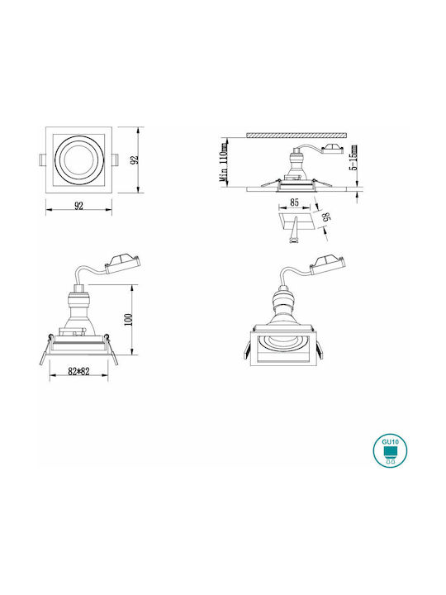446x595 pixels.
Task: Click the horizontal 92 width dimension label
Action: [78, 206]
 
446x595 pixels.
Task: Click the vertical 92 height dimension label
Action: [135, 159]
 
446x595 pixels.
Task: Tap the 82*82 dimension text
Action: [78, 372]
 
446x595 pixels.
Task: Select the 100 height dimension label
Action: [128, 320]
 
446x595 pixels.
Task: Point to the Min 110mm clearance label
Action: [224, 162]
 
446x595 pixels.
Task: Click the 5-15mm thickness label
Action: [353, 158]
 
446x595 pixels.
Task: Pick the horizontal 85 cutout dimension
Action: [294, 202]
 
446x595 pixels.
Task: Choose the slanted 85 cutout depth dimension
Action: [325, 217]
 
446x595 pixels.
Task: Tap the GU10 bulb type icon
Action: [390, 451]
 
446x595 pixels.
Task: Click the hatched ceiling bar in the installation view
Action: [297, 135]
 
